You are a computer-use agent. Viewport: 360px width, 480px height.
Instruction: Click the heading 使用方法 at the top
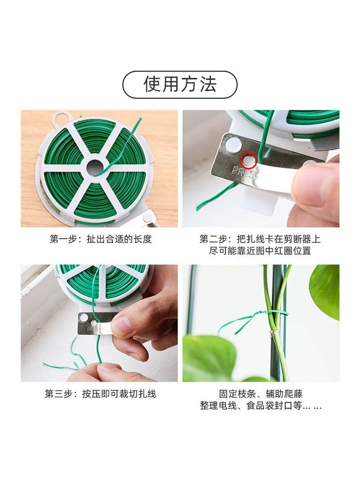point(180,84)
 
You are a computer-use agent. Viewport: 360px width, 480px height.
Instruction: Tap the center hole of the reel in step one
point(96,168)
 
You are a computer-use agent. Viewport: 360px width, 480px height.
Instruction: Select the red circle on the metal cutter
point(248,159)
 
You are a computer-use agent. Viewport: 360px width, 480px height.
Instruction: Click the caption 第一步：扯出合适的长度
point(101,239)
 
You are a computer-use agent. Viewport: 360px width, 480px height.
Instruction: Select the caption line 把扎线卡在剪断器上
point(278,239)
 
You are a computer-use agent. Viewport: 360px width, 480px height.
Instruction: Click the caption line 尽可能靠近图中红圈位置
point(260,251)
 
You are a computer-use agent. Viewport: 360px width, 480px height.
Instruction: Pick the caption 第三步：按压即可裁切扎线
point(100,394)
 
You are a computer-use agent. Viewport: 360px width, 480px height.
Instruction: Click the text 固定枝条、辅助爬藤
point(261,394)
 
